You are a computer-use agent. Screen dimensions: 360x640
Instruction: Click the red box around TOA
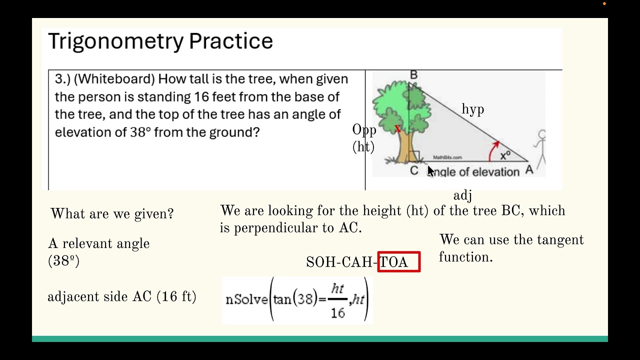pyautogui.click(x=399, y=262)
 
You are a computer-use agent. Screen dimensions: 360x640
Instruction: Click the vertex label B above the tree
pyautogui.click(x=413, y=75)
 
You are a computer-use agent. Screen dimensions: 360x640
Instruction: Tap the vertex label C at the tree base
pyautogui.click(x=414, y=171)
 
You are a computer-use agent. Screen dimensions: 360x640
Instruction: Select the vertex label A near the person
pyautogui.click(x=529, y=170)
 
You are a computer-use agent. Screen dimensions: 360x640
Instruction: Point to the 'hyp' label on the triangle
pyautogui.click(x=472, y=109)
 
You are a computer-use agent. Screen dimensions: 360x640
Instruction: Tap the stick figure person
pyautogui.click(x=540, y=147)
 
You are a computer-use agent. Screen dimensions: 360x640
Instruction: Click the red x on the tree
pyautogui.click(x=397, y=129)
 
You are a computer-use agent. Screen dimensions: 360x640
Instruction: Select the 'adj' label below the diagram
pyautogui.click(x=462, y=195)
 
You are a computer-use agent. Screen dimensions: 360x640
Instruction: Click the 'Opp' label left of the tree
pyautogui.click(x=364, y=130)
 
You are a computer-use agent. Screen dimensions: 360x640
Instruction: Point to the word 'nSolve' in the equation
pyautogui.click(x=246, y=299)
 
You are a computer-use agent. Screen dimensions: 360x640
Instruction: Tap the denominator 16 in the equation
pyautogui.click(x=338, y=313)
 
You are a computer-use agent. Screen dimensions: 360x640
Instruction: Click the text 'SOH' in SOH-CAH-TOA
pyautogui.click(x=317, y=262)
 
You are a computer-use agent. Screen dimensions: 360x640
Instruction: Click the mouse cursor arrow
pyautogui.click(x=430, y=171)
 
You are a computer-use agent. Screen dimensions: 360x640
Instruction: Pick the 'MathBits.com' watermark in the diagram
pyautogui.click(x=447, y=157)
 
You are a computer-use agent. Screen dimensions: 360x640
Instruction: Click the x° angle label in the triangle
pyautogui.click(x=505, y=155)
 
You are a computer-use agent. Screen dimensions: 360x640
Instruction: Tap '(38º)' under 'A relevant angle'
pyautogui.click(x=63, y=261)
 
